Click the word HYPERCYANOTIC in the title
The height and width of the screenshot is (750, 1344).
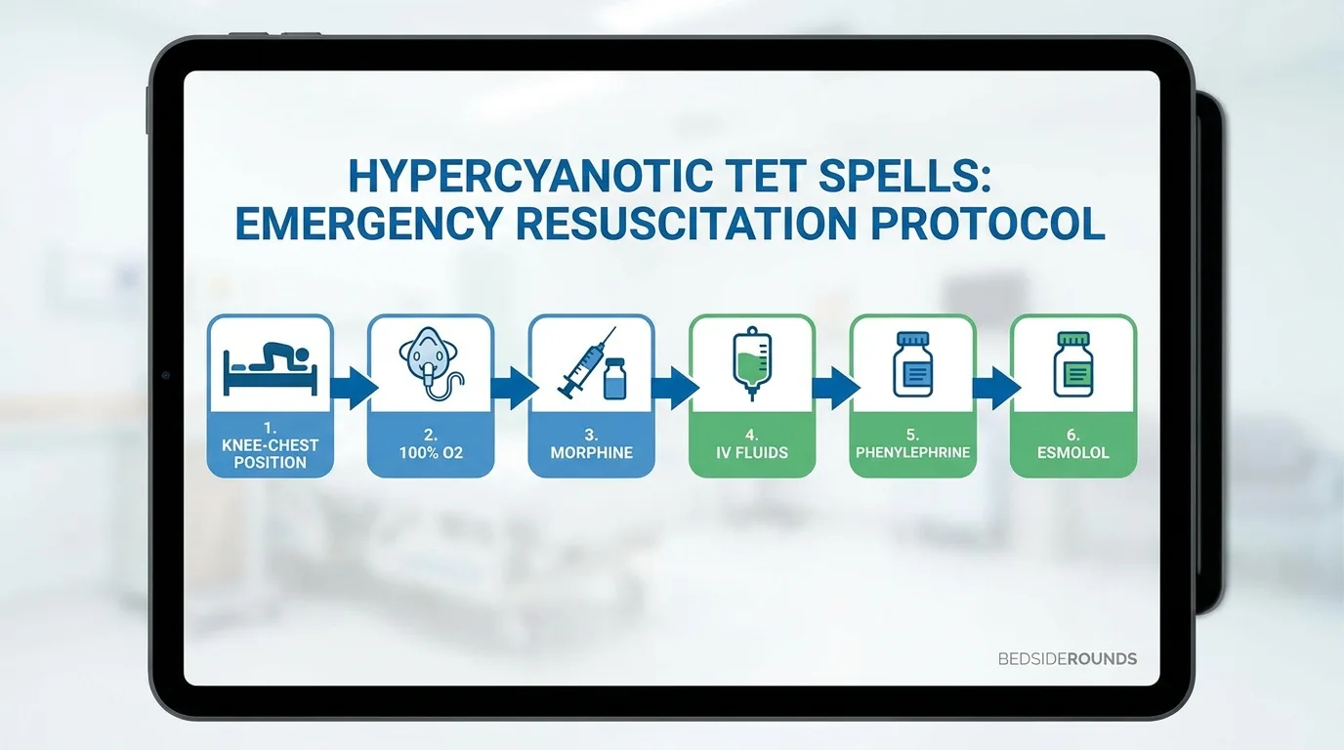tap(529, 177)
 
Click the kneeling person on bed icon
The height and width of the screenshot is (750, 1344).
tap(270, 369)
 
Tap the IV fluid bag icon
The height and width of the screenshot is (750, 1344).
tap(752, 363)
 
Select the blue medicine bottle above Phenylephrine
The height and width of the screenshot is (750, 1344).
tap(912, 364)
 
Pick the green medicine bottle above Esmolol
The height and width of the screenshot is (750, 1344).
tap(1073, 364)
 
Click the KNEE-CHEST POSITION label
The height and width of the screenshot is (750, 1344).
tap(270, 453)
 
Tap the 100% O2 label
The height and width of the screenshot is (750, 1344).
tap(431, 452)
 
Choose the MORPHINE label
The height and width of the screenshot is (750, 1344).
tap(592, 452)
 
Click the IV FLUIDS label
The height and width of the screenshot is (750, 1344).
tap(752, 452)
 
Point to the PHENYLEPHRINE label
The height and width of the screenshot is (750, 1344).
tap(912, 452)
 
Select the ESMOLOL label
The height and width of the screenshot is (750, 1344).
tap(1073, 452)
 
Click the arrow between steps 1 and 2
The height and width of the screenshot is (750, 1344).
tap(354, 389)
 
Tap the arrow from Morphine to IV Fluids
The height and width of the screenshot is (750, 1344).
tap(675, 389)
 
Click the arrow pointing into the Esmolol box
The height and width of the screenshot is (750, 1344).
tap(996, 389)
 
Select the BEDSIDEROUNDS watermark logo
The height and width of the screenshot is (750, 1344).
tap(1068, 659)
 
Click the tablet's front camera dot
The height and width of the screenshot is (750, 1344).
tap(166, 375)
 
